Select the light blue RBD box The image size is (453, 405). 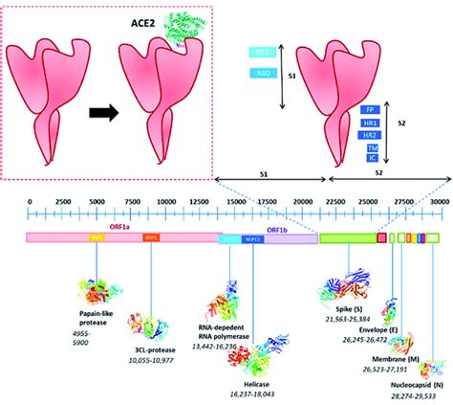[263, 72]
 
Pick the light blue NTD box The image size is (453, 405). [263, 53]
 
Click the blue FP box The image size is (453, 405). [368, 108]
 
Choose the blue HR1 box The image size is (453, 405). [368, 122]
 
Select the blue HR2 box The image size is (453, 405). [368, 135]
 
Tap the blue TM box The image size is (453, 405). [368, 148]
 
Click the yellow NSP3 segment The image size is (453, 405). [97, 237]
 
